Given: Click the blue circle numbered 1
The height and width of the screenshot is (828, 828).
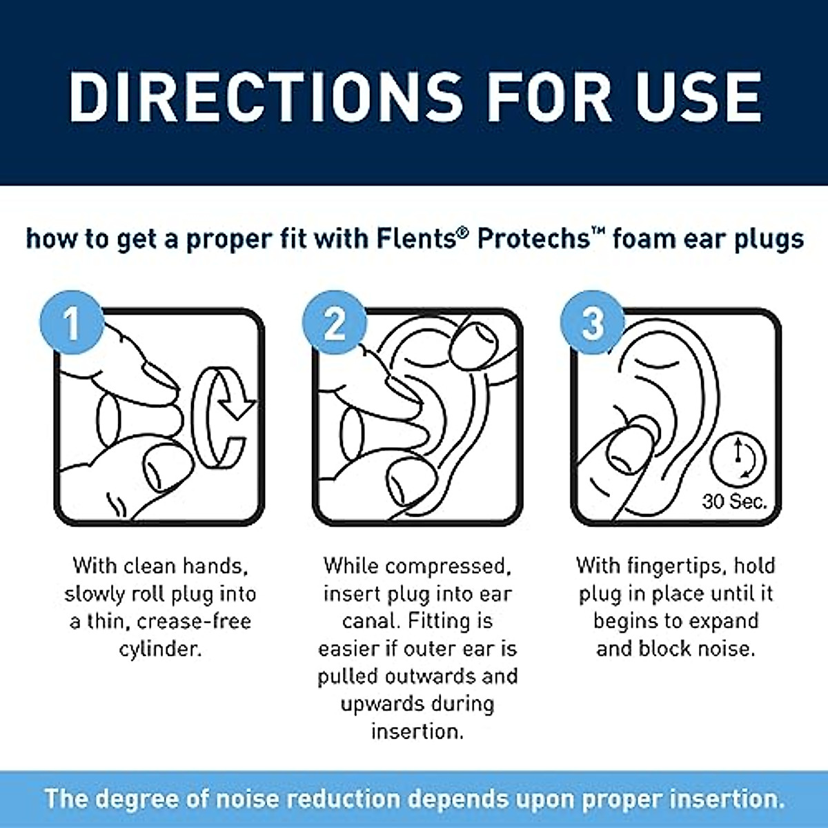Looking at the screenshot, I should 72,323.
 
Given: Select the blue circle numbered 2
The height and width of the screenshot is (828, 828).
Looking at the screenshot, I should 335,323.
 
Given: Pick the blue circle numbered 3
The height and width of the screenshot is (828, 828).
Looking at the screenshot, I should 592,323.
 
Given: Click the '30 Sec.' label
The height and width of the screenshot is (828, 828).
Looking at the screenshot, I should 734,502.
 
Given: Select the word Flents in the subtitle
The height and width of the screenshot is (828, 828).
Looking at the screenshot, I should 421,239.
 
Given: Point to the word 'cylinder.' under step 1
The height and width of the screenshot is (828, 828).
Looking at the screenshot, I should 160,649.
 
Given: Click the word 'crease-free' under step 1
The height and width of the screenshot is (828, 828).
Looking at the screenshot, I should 194,622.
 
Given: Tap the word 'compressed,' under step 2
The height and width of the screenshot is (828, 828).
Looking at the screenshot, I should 448,566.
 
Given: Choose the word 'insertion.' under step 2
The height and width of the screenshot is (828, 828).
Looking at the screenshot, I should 417,731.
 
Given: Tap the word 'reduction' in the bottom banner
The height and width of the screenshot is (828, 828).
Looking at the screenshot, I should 342,800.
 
